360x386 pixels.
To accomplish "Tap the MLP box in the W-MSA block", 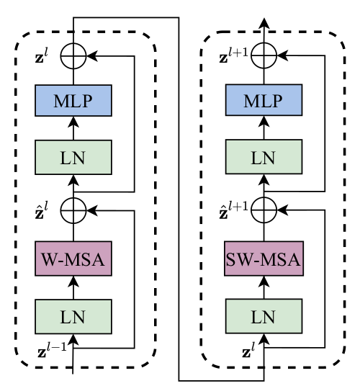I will click(73, 100).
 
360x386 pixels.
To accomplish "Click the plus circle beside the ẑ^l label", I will click(73, 210).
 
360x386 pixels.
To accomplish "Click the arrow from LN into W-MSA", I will click(73, 287).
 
